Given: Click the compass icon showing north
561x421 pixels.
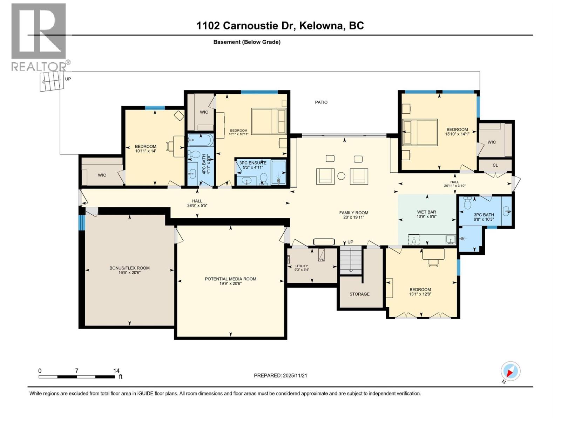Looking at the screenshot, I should (510, 371).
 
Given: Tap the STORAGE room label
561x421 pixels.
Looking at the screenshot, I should (359, 294).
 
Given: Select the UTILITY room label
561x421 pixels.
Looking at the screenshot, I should (301, 266).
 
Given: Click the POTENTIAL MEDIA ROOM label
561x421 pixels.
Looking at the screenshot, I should (230, 279).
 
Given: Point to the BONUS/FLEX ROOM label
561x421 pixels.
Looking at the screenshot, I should (129, 268).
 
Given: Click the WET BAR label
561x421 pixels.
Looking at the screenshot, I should (426, 212).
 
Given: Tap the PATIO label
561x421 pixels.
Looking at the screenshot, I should (321, 102).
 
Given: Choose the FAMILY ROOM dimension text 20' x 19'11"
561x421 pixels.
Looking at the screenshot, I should (353, 217).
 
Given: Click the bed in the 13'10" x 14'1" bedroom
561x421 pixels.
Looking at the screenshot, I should (420, 132).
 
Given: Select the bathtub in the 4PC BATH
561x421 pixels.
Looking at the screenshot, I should (200, 140).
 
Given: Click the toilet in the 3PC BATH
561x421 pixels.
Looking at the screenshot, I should (467, 202).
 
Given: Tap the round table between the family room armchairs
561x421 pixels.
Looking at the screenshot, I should (341, 176).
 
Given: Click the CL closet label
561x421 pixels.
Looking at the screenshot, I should (495, 165).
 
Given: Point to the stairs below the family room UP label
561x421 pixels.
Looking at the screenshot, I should (351, 260).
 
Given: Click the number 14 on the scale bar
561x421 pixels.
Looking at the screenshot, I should (116, 370).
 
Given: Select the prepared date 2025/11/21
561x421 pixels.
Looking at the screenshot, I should (295, 375).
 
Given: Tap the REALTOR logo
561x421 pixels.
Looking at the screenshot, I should (39, 37).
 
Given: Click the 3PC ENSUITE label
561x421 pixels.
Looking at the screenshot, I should (253, 163).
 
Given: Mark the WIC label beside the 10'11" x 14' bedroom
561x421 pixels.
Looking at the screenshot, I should (102, 175).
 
